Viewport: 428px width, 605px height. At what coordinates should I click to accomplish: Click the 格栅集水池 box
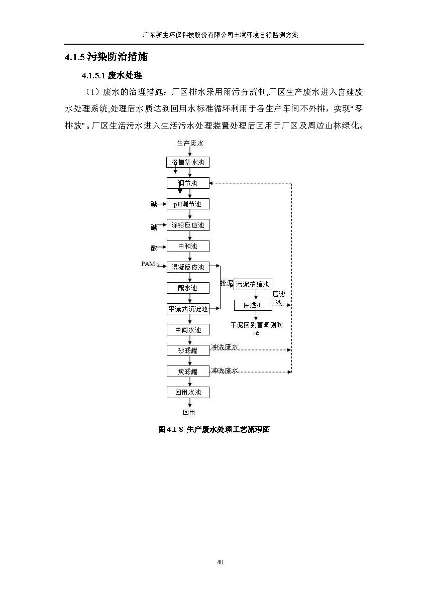pyautogui.click(x=188, y=162)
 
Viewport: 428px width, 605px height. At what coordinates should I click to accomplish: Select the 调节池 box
pyautogui.click(x=188, y=183)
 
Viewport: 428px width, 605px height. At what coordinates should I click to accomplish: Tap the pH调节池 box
pyautogui.click(x=188, y=204)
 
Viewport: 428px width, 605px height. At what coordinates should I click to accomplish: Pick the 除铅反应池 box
pyautogui.click(x=188, y=225)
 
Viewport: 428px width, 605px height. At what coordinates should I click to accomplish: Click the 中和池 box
pyautogui.click(x=188, y=246)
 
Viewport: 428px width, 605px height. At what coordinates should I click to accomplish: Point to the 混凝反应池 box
pyautogui.click(x=188, y=267)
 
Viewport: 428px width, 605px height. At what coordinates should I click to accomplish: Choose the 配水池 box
pyautogui.click(x=188, y=288)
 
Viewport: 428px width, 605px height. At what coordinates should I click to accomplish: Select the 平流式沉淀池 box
pyautogui.click(x=188, y=309)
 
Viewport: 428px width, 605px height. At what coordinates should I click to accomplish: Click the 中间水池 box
pyautogui.click(x=188, y=330)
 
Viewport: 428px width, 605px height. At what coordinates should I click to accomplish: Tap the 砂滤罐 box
pyautogui.click(x=188, y=350)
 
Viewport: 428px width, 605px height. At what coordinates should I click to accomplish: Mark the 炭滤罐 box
pyautogui.click(x=188, y=372)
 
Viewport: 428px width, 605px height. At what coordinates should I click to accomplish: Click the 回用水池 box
pyautogui.click(x=188, y=392)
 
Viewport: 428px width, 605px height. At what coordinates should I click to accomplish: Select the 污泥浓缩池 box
pyautogui.click(x=253, y=284)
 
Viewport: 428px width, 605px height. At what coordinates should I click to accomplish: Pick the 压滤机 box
pyautogui.click(x=253, y=305)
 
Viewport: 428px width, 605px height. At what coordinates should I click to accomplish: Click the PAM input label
pyautogui.click(x=148, y=264)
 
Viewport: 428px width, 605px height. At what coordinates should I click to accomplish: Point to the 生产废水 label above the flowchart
pyautogui.click(x=190, y=143)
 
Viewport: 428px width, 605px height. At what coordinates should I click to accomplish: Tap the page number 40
pyautogui.click(x=220, y=562)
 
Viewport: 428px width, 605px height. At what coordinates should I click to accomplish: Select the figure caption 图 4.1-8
pyautogui.click(x=214, y=429)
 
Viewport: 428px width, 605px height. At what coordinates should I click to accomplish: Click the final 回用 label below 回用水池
pyautogui.click(x=189, y=412)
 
